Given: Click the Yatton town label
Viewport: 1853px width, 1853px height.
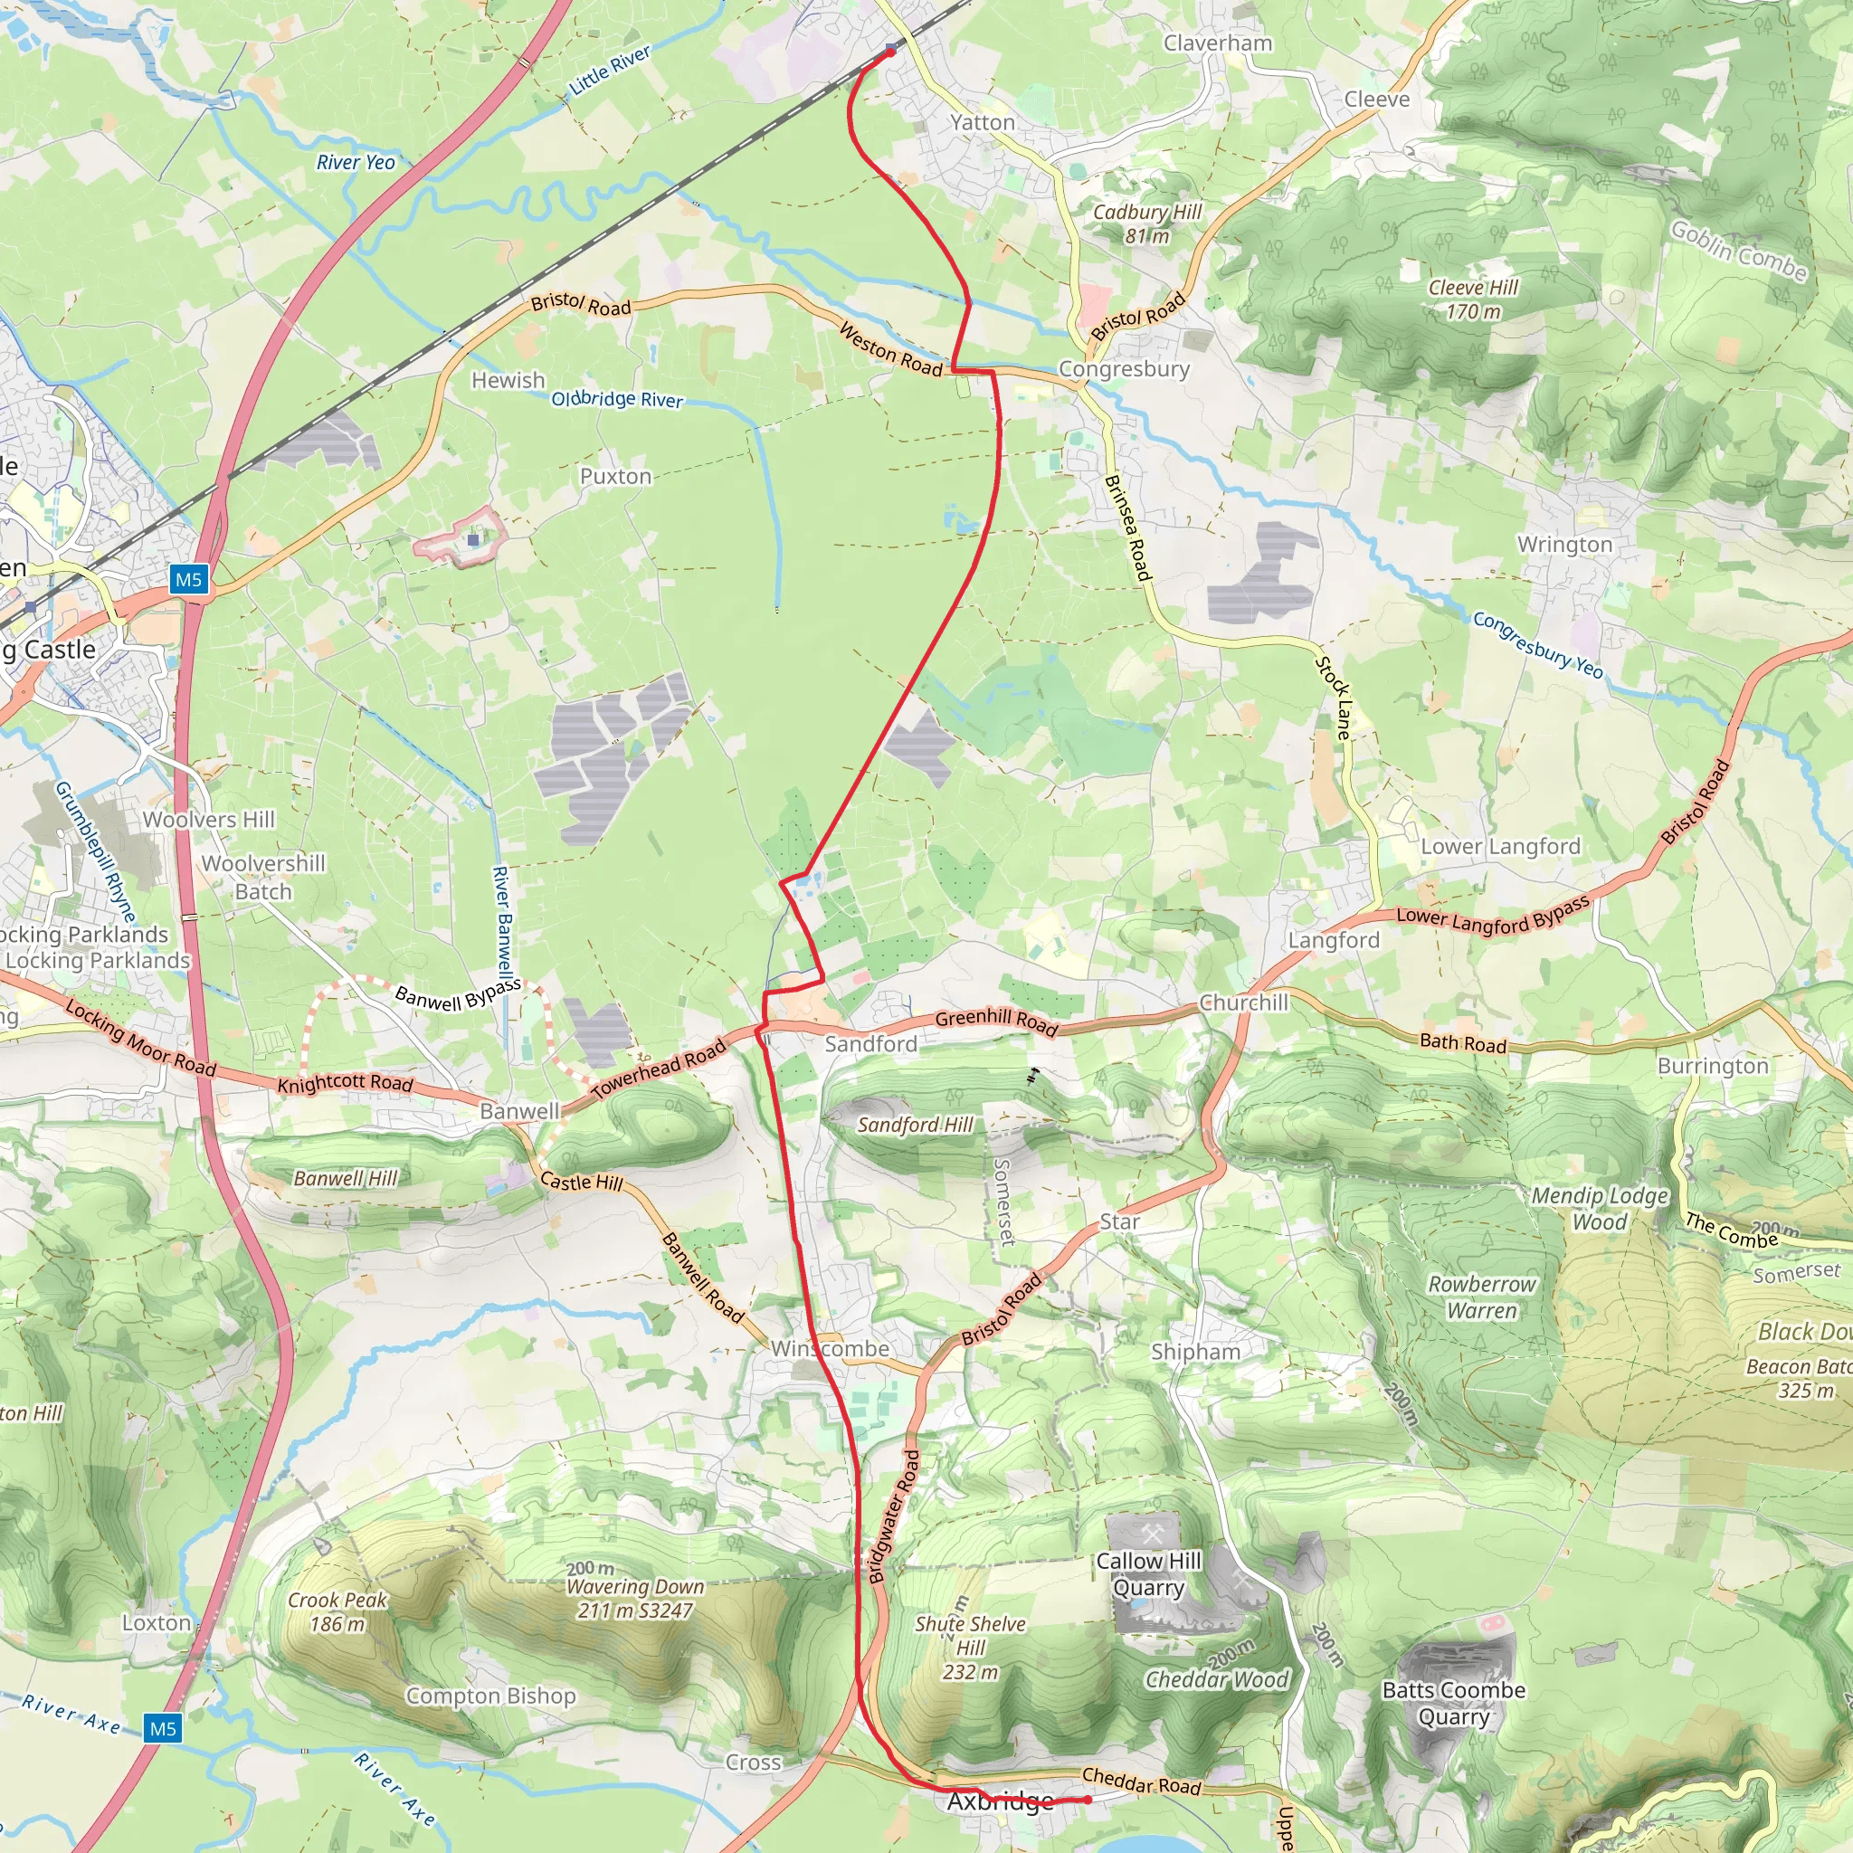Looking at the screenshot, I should [x=982, y=123].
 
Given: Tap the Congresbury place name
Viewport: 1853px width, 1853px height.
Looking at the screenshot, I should [x=1124, y=369].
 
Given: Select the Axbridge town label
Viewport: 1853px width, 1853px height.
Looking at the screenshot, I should [x=1001, y=1801].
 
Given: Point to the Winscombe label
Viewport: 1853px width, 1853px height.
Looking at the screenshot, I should [x=831, y=1348].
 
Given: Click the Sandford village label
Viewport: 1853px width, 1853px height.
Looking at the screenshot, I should [x=871, y=1043].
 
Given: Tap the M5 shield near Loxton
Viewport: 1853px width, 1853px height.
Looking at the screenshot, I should [x=162, y=1728].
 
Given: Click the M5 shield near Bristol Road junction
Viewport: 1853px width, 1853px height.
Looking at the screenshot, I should [x=188, y=579].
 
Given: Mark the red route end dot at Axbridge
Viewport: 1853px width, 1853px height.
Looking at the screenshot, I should [x=1088, y=1800].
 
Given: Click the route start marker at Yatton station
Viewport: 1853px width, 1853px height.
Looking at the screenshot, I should [x=891, y=51].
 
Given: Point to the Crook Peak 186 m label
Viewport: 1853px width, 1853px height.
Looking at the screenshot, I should [x=337, y=1611].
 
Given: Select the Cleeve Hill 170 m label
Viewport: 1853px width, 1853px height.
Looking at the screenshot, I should [x=1473, y=299].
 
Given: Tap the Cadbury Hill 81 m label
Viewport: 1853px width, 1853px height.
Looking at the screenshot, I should [x=1147, y=223].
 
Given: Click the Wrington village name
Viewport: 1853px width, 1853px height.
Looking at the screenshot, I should [x=1564, y=545].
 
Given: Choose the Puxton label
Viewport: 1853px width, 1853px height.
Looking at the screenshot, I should [x=616, y=477].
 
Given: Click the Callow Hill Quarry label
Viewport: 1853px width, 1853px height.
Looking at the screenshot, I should [x=1149, y=1574].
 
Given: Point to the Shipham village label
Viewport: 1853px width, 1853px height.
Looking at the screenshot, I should [x=1195, y=1352].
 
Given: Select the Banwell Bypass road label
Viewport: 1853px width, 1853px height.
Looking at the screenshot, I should [x=459, y=996].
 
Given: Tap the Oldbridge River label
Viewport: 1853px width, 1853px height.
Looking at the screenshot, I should [x=617, y=399].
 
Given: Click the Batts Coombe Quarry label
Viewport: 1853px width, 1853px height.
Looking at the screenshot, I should [x=1453, y=1703].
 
